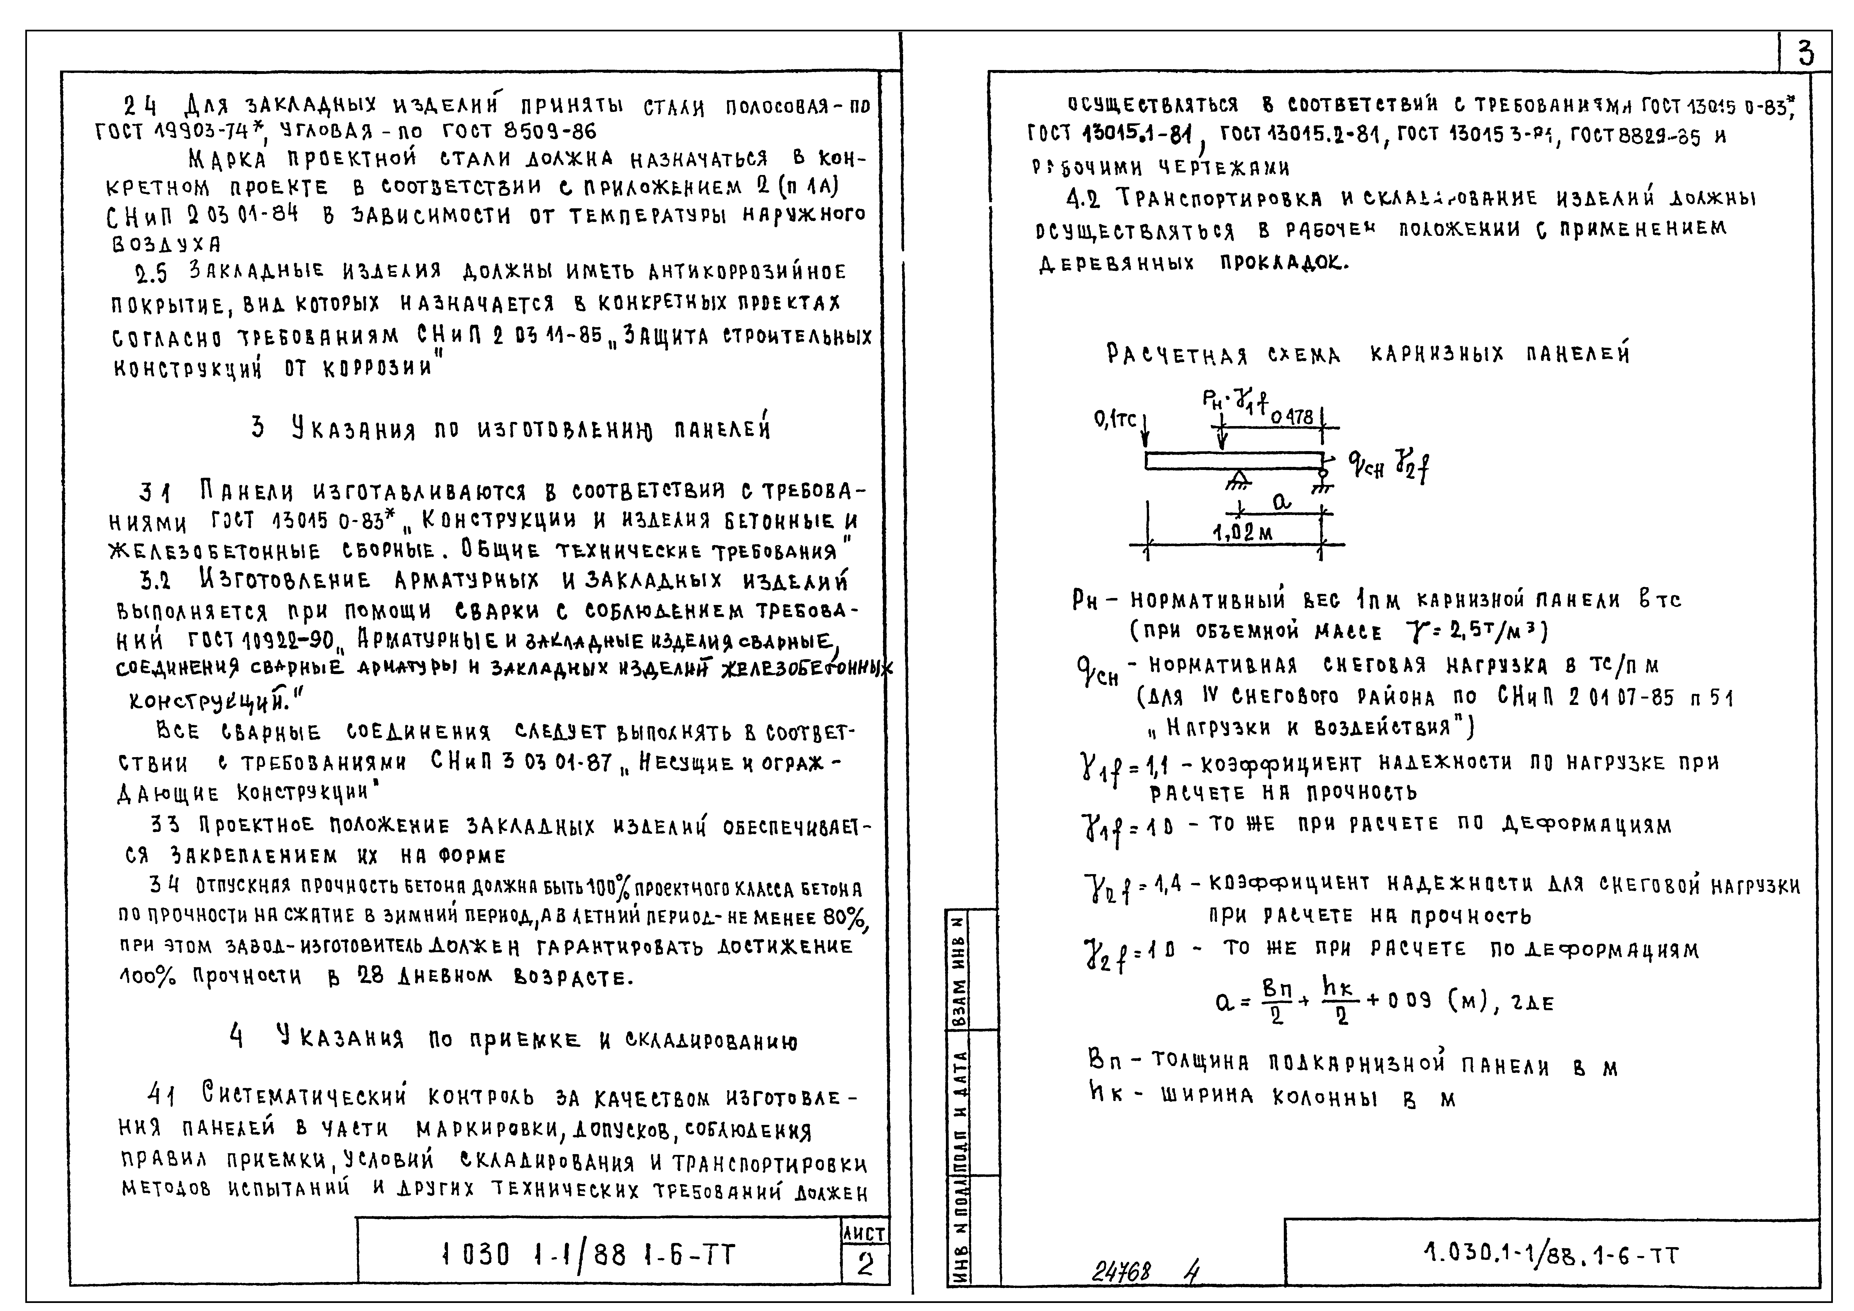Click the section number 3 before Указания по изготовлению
coord(258,427)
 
